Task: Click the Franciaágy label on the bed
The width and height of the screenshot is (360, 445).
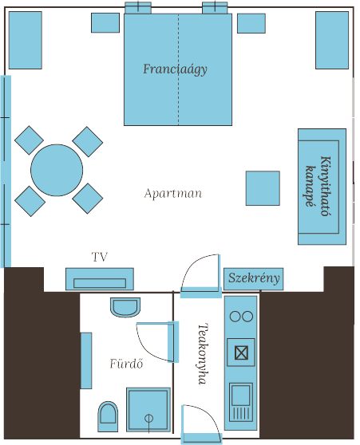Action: (175, 69)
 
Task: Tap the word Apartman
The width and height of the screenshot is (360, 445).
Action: (173, 194)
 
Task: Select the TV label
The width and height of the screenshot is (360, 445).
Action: (100, 257)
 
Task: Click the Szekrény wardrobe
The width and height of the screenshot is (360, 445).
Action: (254, 279)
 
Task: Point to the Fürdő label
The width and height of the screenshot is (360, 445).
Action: (126, 364)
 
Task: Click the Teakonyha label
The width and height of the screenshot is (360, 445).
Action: (203, 354)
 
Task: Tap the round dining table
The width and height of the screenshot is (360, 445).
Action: (57, 171)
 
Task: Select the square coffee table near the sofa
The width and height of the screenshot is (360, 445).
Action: (263, 188)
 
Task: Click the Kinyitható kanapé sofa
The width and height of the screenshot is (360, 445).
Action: (322, 187)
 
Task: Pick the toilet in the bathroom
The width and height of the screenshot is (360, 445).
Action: (108, 416)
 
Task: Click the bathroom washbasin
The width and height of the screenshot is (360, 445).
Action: (125, 307)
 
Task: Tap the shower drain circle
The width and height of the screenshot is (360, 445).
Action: (149, 418)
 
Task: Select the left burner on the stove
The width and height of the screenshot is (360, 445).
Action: (235, 316)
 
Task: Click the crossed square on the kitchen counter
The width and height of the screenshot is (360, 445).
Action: (241, 352)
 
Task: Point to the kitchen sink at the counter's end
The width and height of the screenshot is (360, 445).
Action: (241, 403)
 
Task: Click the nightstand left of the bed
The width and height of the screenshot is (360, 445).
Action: (105, 22)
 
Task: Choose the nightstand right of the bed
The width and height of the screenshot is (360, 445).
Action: (251, 23)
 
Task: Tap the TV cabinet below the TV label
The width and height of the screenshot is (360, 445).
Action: (100, 279)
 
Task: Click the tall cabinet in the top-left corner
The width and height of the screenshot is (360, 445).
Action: (26, 40)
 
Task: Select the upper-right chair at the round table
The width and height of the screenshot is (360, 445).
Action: (88, 142)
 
